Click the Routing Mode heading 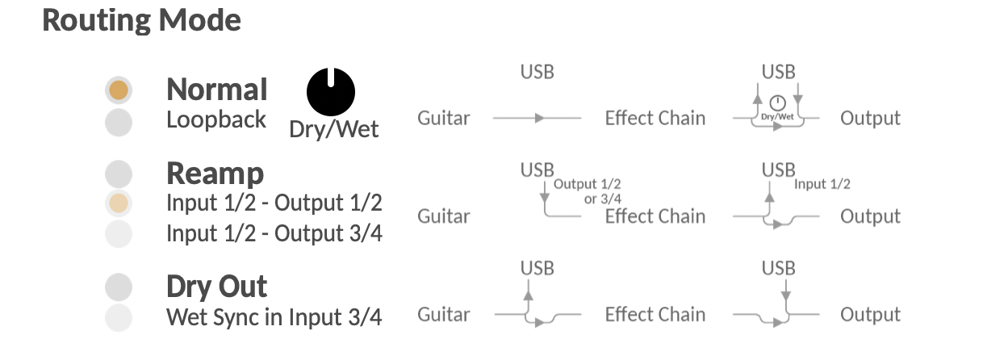click(x=141, y=20)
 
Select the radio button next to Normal click(x=119, y=90)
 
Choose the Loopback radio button click(x=119, y=122)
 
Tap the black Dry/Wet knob click(x=331, y=90)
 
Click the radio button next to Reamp click(x=119, y=174)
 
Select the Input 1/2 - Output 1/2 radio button click(x=119, y=203)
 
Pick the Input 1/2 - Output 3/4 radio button click(x=119, y=233)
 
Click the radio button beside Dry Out click(x=119, y=287)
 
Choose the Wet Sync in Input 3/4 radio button click(x=119, y=317)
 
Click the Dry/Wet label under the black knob click(x=334, y=129)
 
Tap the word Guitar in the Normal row click(x=443, y=119)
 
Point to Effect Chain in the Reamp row click(x=655, y=216)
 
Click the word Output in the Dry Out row click(x=870, y=315)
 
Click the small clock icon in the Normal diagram click(x=777, y=103)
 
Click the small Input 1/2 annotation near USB click(x=822, y=184)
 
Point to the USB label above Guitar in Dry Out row click(x=538, y=268)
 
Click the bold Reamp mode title click(x=215, y=174)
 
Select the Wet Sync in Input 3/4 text click(x=274, y=317)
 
